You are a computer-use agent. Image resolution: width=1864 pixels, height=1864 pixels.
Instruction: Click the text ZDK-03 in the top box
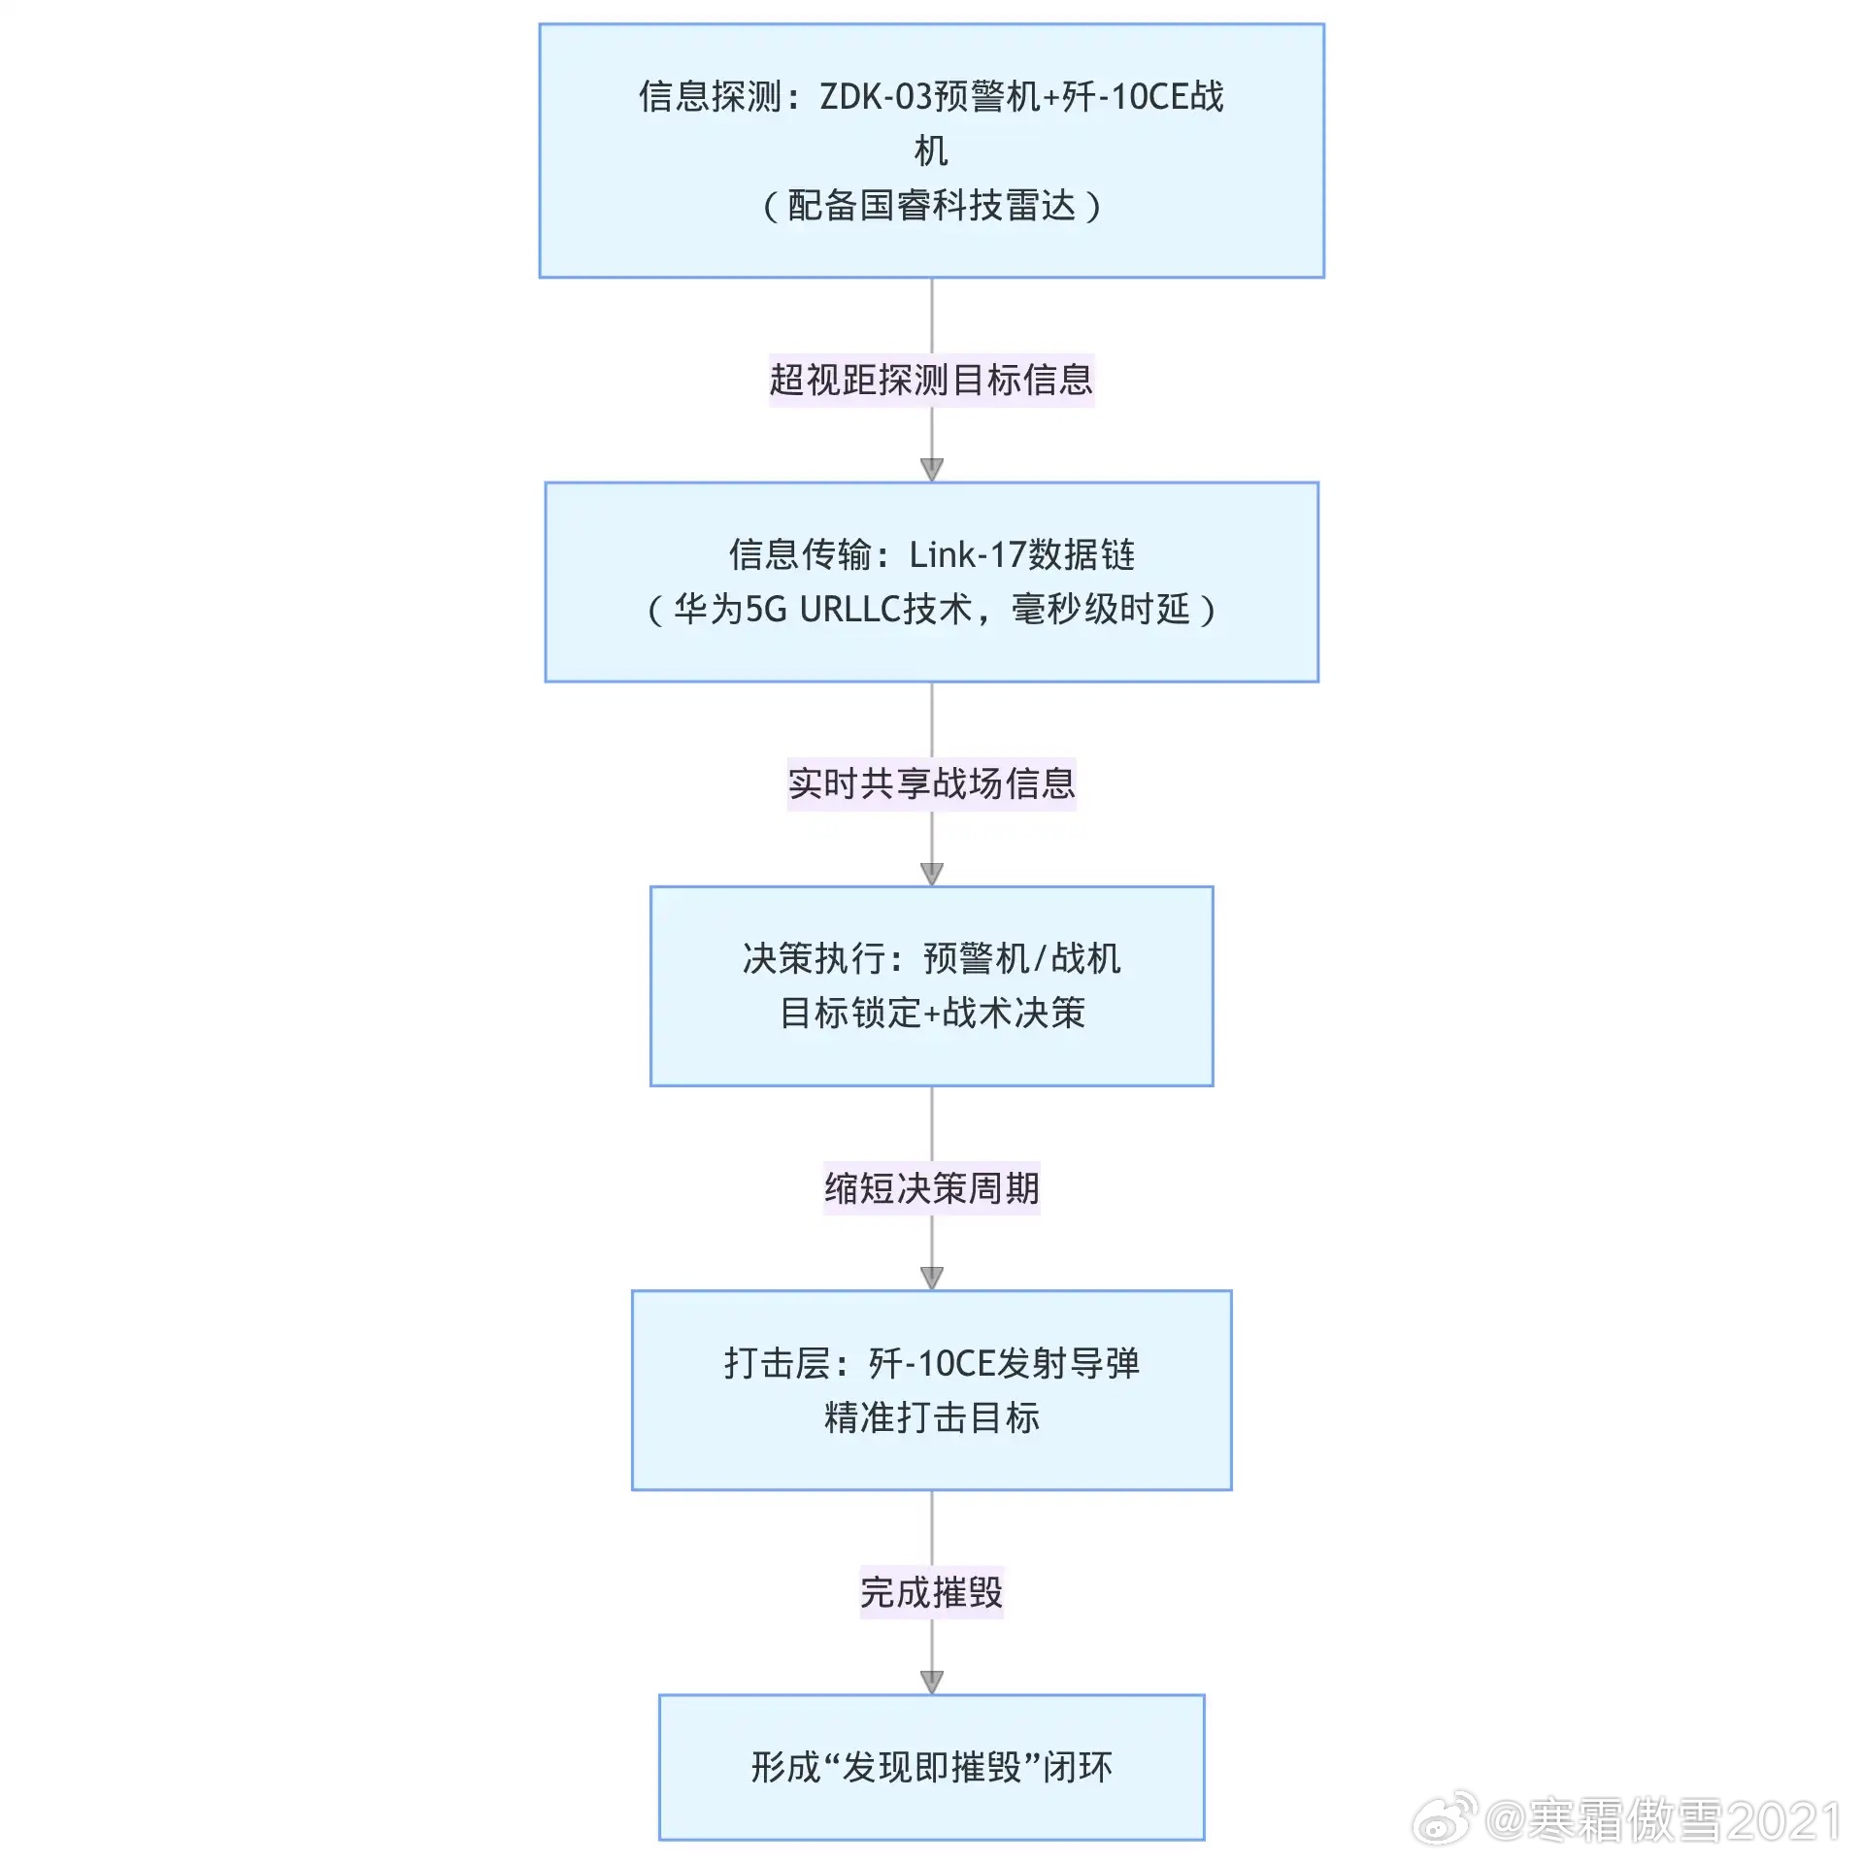point(876,97)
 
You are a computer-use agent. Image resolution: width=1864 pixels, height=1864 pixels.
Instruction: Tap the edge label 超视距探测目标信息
point(931,380)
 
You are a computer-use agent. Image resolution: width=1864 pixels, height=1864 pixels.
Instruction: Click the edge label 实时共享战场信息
point(931,783)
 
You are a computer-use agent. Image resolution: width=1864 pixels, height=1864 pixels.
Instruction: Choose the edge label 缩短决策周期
point(931,1187)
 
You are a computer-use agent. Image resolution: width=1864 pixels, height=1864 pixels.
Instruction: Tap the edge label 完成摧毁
point(931,1592)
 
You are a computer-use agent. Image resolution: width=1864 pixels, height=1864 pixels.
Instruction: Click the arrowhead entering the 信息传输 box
point(931,470)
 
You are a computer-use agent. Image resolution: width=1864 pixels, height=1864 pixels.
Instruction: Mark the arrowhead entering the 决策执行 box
point(931,874)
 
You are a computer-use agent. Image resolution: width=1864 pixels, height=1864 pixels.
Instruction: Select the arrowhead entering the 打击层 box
point(931,1278)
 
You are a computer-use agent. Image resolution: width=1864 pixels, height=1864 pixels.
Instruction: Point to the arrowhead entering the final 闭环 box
point(931,1682)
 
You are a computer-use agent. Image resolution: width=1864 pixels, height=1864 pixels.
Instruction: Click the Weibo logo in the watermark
point(1444,1817)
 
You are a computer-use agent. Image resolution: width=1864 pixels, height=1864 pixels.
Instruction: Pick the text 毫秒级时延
point(1100,610)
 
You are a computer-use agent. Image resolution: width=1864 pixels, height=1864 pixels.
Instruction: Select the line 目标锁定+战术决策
point(931,1013)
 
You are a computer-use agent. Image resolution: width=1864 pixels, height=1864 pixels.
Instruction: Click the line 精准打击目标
point(931,1417)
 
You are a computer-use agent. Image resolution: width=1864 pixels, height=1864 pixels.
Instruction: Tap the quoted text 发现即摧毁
point(931,1767)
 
